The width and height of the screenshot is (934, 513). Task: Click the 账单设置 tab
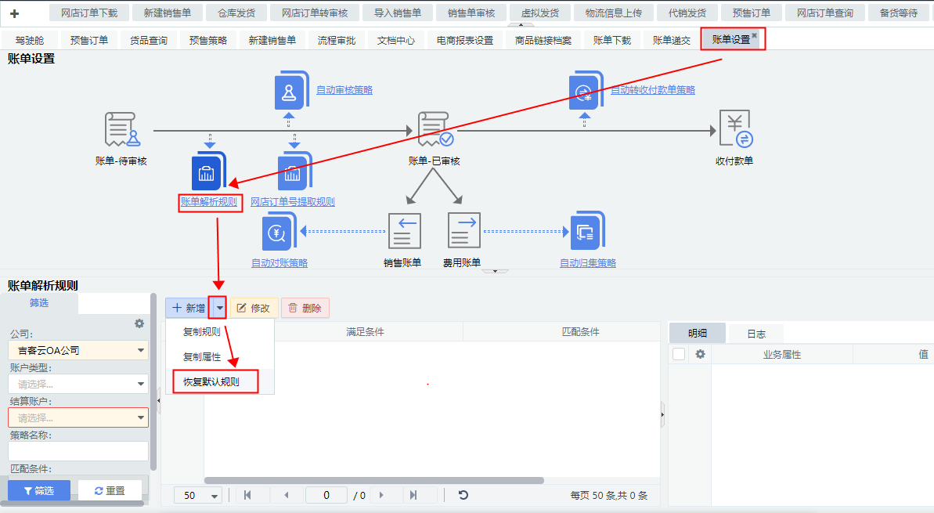pyautogui.click(x=730, y=40)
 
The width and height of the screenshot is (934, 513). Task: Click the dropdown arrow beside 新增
pyautogui.click(x=220, y=308)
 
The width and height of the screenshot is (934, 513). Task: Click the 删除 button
pyautogui.click(x=305, y=308)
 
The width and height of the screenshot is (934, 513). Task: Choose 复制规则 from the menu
pyautogui.click(x=201, y=331)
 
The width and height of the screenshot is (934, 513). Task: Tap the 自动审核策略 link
pyautogui.click(x=344, y=90)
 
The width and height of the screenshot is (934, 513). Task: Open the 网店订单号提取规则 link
pyautogui.click(x=292, y=201)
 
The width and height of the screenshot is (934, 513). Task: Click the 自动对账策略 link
pyautogui.click(x=279, y=262)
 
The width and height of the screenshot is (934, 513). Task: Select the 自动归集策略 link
pyautogui.click(x=588, y=262)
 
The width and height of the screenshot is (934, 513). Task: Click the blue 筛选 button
pyautogui.click(x=39, y=490)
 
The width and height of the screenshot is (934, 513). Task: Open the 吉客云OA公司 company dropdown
pyautogui.click(x=78, y=350)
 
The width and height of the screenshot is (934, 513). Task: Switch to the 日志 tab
pyautogui.click(x=756, y=334)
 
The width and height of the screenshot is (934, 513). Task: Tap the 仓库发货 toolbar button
pyautogui.click(x=238, y=13)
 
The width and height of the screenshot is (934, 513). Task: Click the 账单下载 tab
pyautogui.click(x=612, y=40)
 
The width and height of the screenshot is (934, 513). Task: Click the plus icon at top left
pyautogui.click(x=14, y=13)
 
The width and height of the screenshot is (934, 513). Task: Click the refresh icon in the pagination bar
pyautogui.click(x=463, y=495)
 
